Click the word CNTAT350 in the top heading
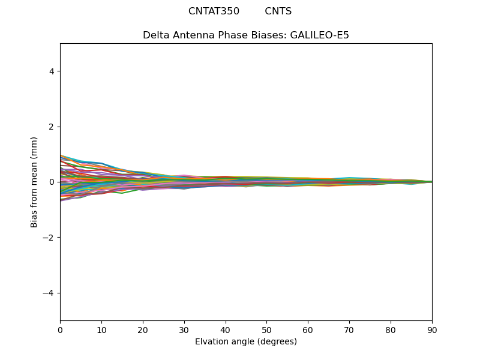click(214, 11)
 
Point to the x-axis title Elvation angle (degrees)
click(246, 341)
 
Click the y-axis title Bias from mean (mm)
click(34, 182)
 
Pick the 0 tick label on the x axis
click(60, 329)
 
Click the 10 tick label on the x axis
click(101, 329)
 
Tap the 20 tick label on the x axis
click(143, 329)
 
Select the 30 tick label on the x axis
click(184, 329)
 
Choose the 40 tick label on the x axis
click(226, 329)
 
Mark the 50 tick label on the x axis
click(266, 329)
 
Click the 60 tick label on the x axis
click(308, 329)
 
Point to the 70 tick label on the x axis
click(349, 329)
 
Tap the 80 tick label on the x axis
click(391, 329)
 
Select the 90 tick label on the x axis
click(432, 329)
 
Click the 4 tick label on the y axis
click(52, 71)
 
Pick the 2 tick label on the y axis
click(52, 127)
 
